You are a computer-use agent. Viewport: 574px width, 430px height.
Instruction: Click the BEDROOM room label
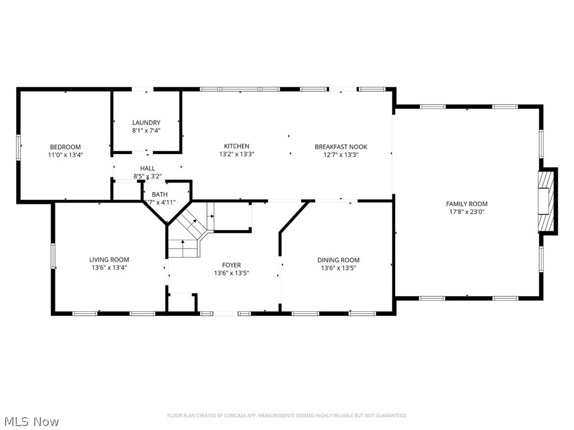[x=65, y=147]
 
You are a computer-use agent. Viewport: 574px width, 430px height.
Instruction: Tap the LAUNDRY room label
[x=146, y=123]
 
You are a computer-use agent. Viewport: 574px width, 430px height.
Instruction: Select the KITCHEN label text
[x=237, y=147]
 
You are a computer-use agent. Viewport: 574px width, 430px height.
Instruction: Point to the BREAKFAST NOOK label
[x=341, y=147]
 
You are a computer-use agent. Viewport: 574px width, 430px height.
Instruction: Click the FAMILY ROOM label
[x=466, y=204]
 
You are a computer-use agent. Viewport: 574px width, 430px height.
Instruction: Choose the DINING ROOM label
[x=338, y=260]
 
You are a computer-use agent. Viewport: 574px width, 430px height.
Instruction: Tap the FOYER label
[x=231, y=265]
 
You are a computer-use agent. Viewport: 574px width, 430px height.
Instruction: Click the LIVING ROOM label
[x=109, y=260]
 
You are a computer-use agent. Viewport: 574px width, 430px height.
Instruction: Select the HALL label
[x=147, y=169]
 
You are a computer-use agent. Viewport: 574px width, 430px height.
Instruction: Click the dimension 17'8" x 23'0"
[x=466, y=212]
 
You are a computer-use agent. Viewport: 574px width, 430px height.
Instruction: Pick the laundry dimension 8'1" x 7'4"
[x=146, y=130]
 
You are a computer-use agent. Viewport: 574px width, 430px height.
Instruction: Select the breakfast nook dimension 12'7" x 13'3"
[x=341, y=155]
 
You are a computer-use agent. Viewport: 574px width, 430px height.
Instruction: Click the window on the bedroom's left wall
[x=18, y=146]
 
